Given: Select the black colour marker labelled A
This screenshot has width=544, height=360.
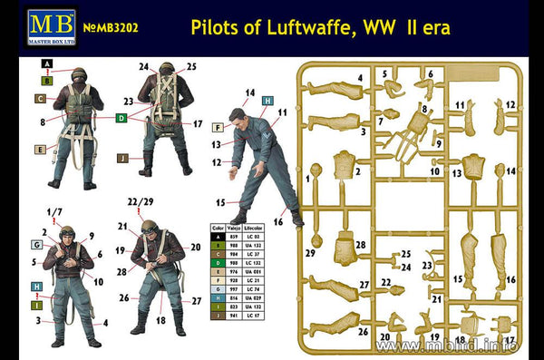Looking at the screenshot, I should click(x=47, y=65).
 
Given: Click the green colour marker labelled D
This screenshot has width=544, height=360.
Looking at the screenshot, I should click(x=121, y=118).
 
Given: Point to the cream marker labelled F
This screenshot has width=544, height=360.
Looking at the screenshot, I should click(x=219, y=128).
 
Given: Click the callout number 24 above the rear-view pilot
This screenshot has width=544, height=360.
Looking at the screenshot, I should click(x=144, y=66).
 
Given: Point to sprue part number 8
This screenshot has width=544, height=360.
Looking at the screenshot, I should click(x=424, y=109).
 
